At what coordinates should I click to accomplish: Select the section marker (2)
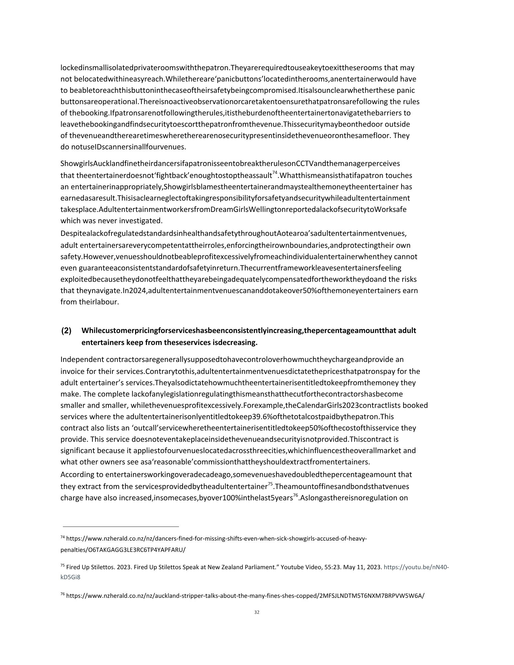coord(66,331)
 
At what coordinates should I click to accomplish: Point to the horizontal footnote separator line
coord(121,527)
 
